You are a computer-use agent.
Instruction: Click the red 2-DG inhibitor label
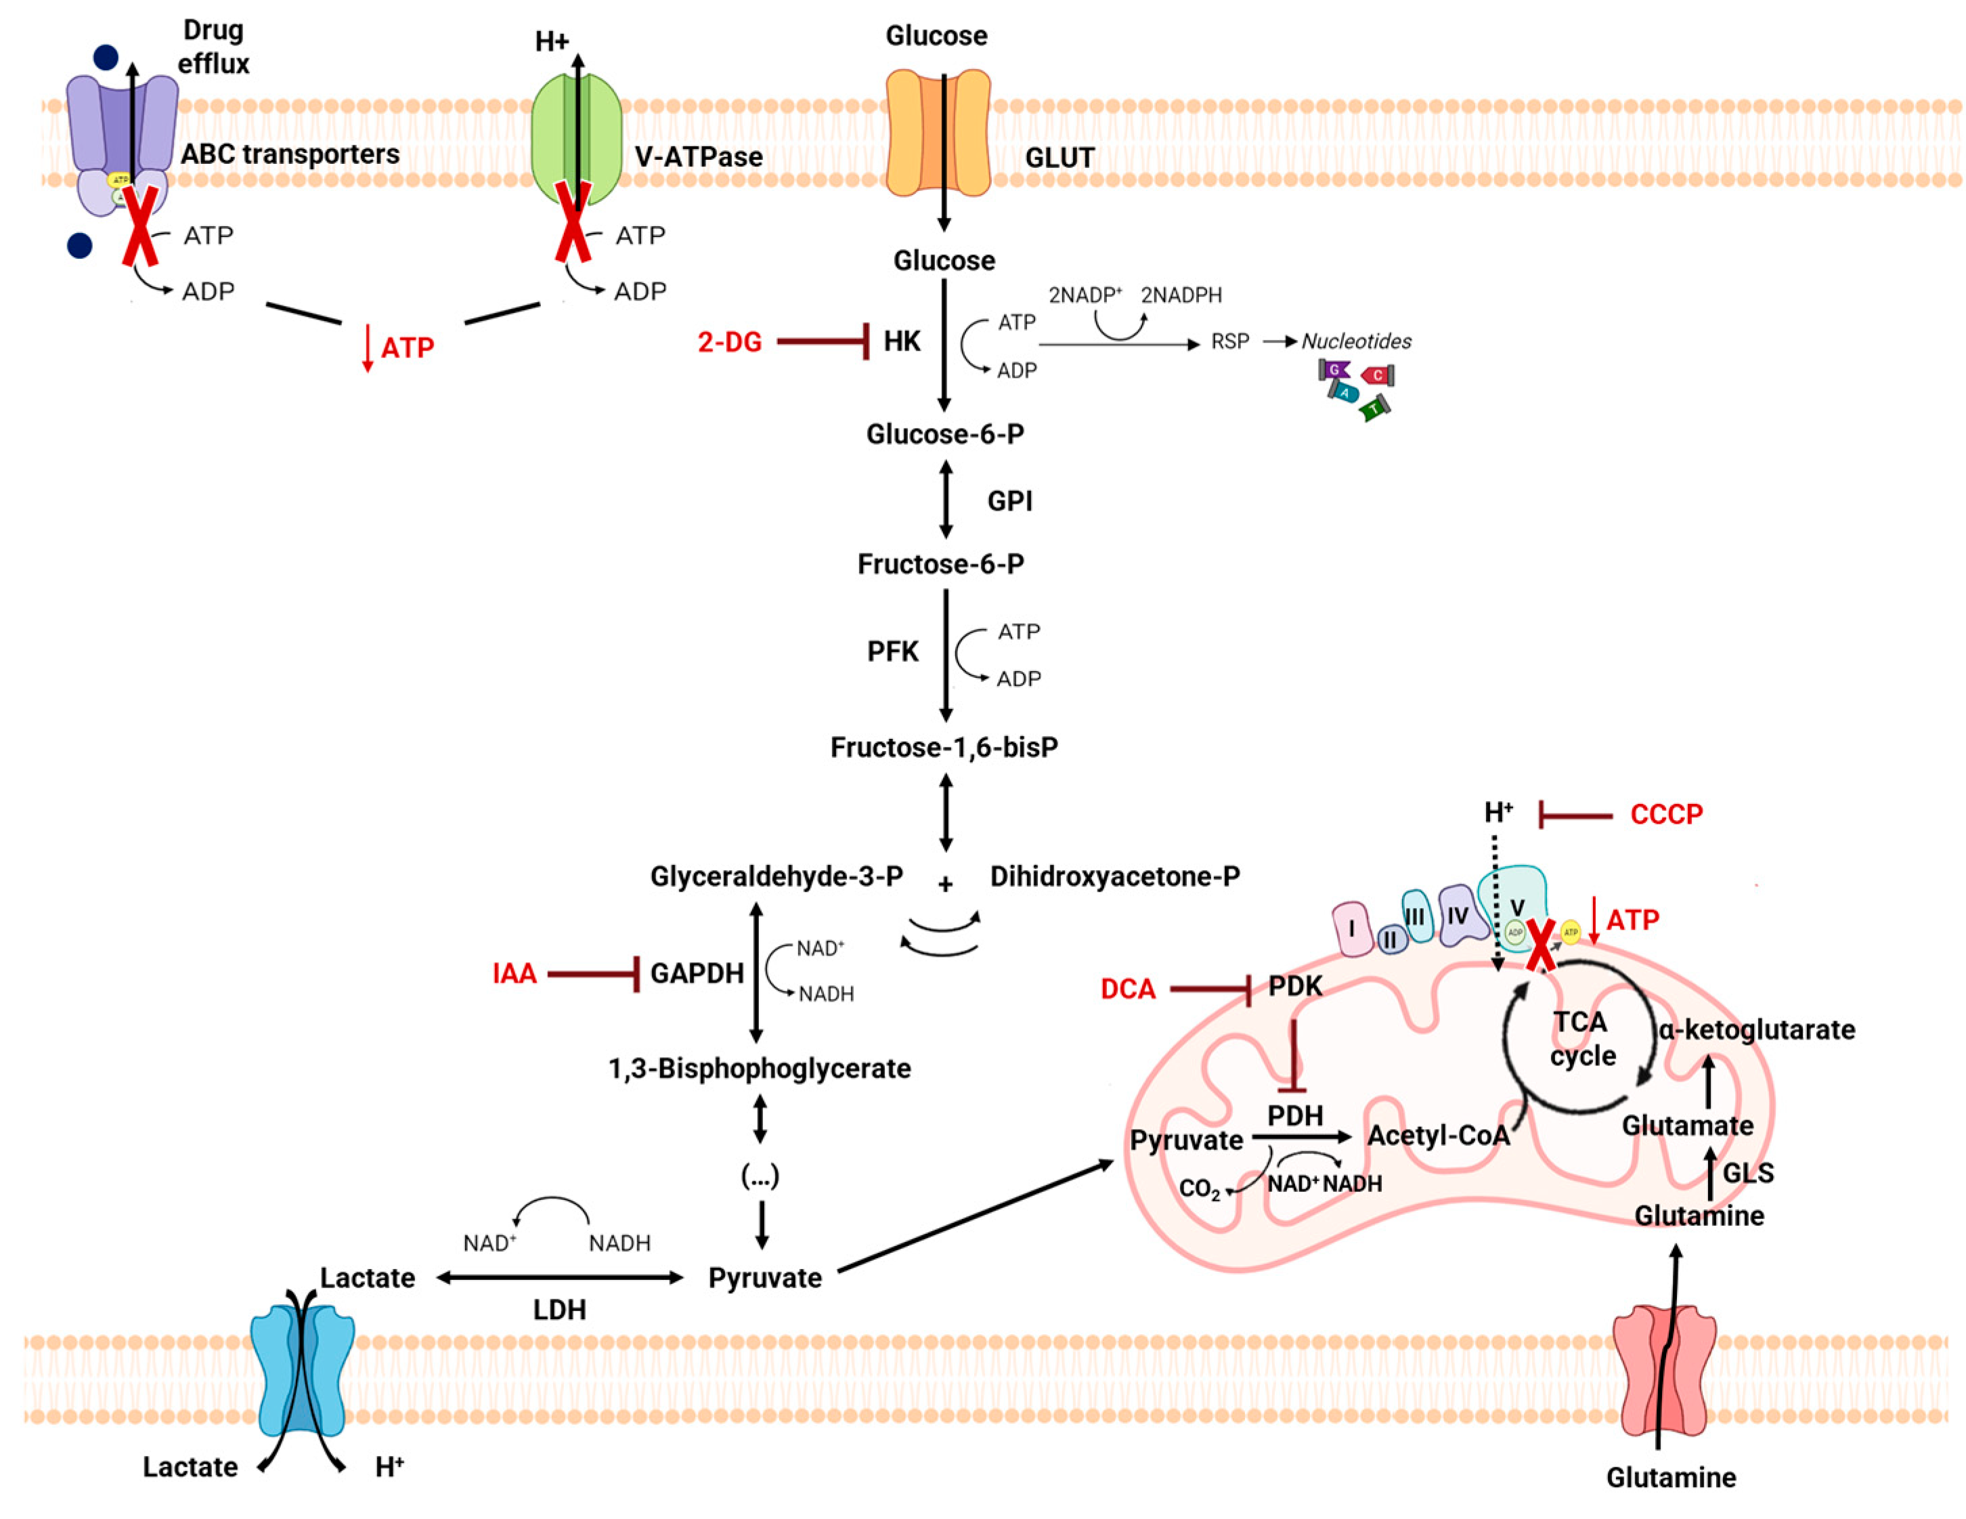coord(729,342)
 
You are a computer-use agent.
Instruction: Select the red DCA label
coord(1127,989)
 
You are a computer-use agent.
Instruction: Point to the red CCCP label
coord(1666,814)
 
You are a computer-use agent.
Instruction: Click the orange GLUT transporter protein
coord(938,133)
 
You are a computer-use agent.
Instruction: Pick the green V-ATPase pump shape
coord(576,135)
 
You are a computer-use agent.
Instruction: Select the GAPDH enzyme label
coord(697,973)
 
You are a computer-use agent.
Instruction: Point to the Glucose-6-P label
coord(944,434)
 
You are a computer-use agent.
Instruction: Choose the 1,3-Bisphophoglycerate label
coord(760,1068)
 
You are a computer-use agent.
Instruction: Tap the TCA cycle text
coord(1581,1038)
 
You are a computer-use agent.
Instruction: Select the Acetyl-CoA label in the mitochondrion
coord(1437,1136)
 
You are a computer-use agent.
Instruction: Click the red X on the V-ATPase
coord(573,221)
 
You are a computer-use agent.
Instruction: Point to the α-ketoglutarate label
coord(1756,1029)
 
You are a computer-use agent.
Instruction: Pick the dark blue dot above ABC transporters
coord(106,58)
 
